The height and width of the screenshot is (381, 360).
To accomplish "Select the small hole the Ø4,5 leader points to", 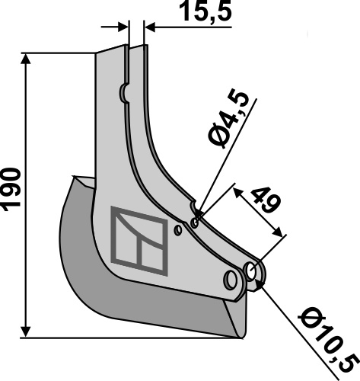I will click(x=195, y=223).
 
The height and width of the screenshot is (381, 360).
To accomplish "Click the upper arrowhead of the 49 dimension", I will click(x=240, y=190).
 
